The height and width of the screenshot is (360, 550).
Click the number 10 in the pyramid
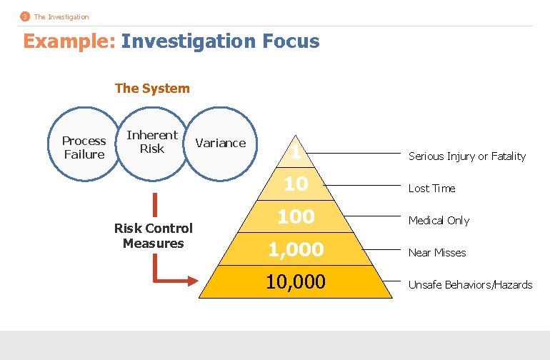[x=296, y=184]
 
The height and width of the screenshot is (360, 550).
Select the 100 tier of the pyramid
[x=296, y=216]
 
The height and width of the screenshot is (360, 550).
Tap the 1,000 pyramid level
[x=296, y=249]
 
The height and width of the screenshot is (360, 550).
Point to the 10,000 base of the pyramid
[x=296, y=282]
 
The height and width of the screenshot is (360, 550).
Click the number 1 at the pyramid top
[x=296, y=152]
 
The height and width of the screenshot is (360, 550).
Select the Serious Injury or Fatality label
[x=466, y=156]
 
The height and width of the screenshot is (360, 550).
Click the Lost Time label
[x=431, y=189]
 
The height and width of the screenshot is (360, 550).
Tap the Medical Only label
[x=439, y=221]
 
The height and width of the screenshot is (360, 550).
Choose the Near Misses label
[x=437, y=253]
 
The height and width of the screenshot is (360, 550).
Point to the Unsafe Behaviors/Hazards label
[x=470, y=285]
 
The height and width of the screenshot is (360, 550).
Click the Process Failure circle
[x=84, y=147]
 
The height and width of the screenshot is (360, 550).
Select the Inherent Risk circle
[x=151, y=141]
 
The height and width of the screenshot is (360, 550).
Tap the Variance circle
[x=220, y=143]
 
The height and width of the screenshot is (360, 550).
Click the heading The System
[x=152, y=89]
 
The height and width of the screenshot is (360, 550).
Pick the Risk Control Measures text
[x=153, y=236]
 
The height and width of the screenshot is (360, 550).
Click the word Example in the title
[x=68, y=41]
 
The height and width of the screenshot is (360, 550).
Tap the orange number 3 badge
[x=25, y=16]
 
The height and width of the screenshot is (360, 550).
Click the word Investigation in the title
[x=185, y=41]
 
